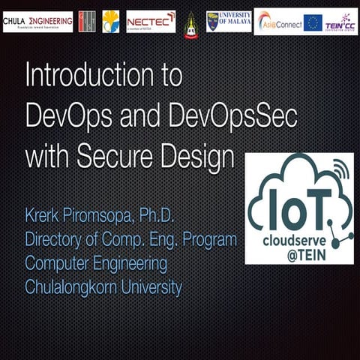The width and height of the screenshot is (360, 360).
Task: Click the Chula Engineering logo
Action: (x=37, y=21)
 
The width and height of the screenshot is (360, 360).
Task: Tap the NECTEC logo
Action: (x=151, y=21)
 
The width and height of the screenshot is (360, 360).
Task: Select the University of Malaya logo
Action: (x=229, y=21)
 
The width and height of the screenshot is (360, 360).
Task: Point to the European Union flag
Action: (x=313, y=22)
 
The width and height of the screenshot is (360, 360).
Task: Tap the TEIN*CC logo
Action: (x=341, y=22)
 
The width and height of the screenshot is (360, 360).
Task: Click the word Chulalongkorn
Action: (x=73, y=287)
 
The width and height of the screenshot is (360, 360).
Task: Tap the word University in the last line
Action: (x=154, y=287)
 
